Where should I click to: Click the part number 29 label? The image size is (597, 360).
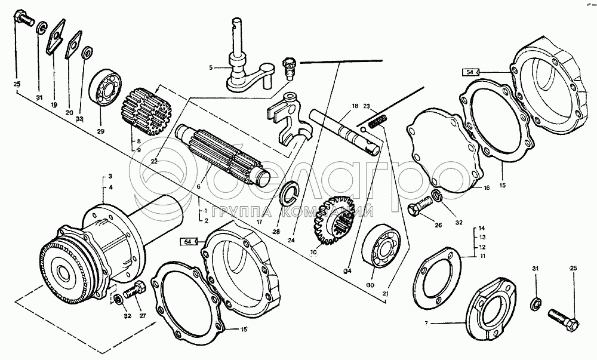[100, 131]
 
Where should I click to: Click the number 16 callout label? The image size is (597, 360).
[487, 187]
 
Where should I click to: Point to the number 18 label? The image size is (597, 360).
[355, 106]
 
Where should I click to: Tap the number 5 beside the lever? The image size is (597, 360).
[210, 67]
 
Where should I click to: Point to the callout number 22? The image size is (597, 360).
[155, 161]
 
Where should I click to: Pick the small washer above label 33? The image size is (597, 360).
[87, 52]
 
